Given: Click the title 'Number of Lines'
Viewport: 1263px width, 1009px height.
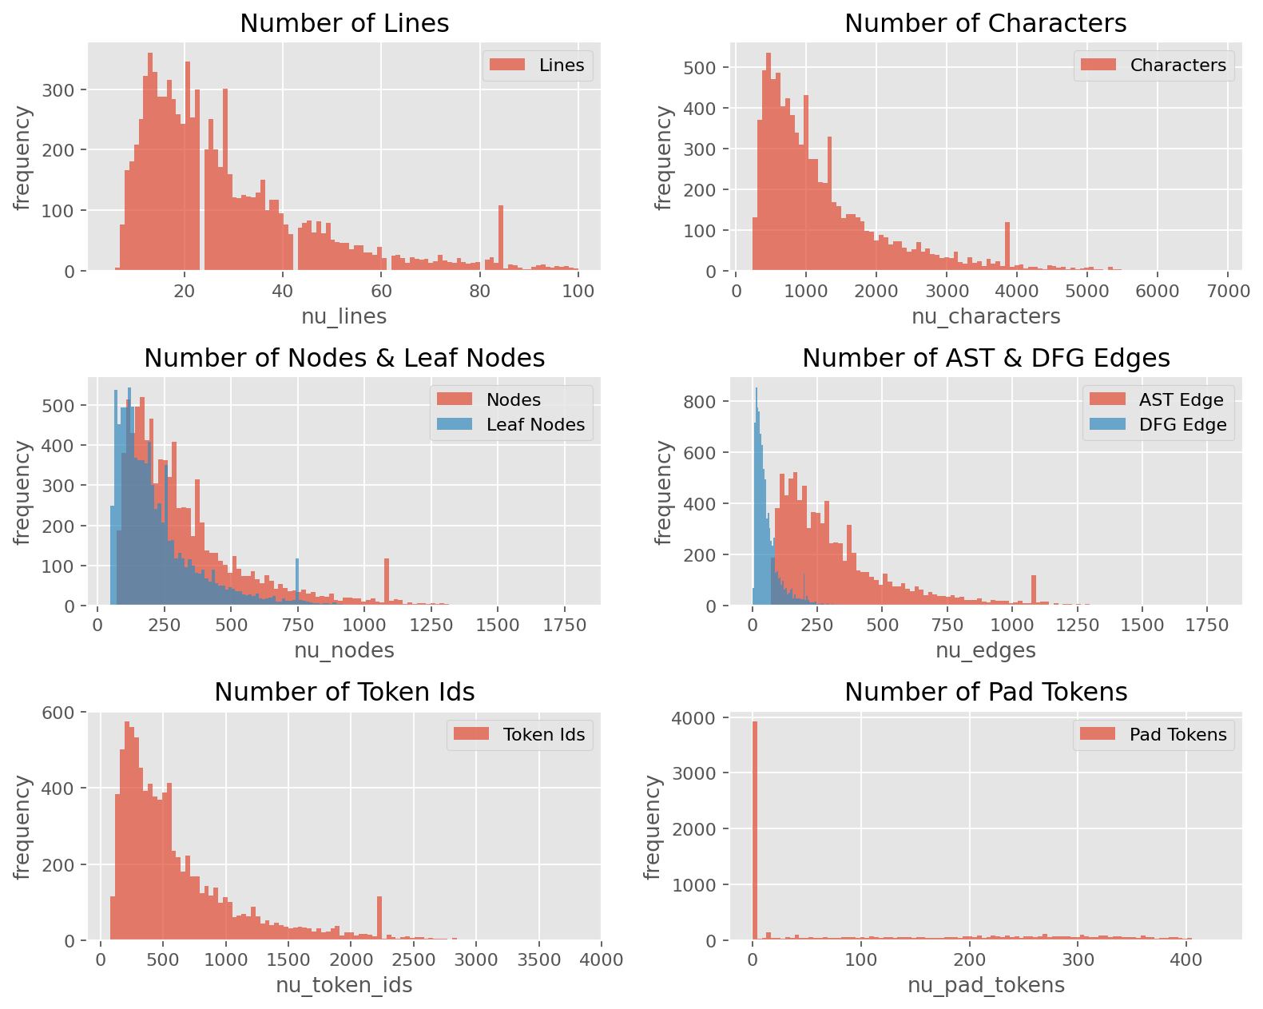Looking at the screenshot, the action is click(x=344, y=23).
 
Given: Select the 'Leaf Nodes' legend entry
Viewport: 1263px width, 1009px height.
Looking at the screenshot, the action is click(x=510, y=424).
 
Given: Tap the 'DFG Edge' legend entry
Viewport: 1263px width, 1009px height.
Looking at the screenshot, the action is click(x=1158, y=424).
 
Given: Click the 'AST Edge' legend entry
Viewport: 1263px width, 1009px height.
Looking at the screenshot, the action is click(x=1156, y=399).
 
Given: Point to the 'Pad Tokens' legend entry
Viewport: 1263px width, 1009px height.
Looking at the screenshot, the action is click(x=1154, y=734).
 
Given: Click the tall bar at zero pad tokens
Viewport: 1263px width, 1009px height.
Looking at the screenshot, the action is click(x=755, y=831).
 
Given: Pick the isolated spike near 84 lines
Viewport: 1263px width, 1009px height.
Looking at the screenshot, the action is click(x=501, y=238).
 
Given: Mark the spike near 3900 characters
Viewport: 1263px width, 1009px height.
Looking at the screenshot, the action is click(x=1007, y=246).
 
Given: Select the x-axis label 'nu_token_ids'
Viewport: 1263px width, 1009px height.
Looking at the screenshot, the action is click(x=344, y=984).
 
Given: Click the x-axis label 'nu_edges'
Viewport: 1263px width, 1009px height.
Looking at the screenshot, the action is click(x=986, y=649).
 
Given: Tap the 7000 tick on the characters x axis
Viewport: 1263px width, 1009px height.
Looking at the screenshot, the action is click(x=1228, y=291).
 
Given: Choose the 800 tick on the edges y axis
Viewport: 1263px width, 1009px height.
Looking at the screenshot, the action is click(x=700, y=402).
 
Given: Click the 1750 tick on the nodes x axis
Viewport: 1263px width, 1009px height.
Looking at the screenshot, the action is click(x=564, y=625).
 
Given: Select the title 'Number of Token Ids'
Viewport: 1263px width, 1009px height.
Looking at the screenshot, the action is click(x=344, y=692).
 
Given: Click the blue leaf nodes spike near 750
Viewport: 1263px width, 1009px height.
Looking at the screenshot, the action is click(x=297, y=581).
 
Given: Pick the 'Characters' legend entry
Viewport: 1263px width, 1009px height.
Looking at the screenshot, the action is click(x=1154, y=65).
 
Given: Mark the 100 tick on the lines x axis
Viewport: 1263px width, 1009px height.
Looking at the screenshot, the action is click(x=578, y=291).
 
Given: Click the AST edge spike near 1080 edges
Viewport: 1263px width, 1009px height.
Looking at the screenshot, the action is click(x=1034, y=590).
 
